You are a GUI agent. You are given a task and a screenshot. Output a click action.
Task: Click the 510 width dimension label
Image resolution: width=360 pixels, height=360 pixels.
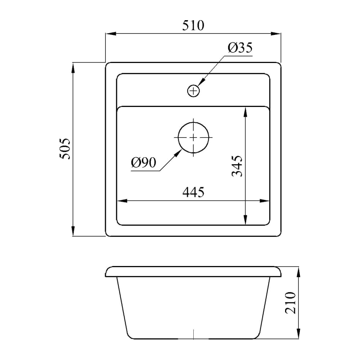coord(193,25)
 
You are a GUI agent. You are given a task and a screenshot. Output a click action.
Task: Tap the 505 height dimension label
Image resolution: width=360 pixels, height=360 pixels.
coord(65,149)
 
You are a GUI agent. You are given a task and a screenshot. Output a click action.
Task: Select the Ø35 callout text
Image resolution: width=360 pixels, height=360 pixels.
coord(240,48)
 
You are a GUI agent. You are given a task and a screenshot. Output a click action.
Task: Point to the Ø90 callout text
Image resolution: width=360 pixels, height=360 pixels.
coord(144,162)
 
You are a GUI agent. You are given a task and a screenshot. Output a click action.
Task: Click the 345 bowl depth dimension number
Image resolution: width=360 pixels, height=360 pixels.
coord(237,166)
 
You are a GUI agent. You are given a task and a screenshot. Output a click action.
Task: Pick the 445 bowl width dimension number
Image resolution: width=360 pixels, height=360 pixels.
coord(193,192)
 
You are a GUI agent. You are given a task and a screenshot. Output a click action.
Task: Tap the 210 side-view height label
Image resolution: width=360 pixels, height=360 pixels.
coord(290,303)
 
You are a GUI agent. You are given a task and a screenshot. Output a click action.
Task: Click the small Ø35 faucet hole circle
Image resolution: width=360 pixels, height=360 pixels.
coord(194,91)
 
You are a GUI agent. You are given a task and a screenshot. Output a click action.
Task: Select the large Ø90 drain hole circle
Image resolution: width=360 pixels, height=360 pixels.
coord(193,138)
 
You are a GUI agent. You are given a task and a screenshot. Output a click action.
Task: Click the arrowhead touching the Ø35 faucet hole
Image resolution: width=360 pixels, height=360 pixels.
coord(201,82)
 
